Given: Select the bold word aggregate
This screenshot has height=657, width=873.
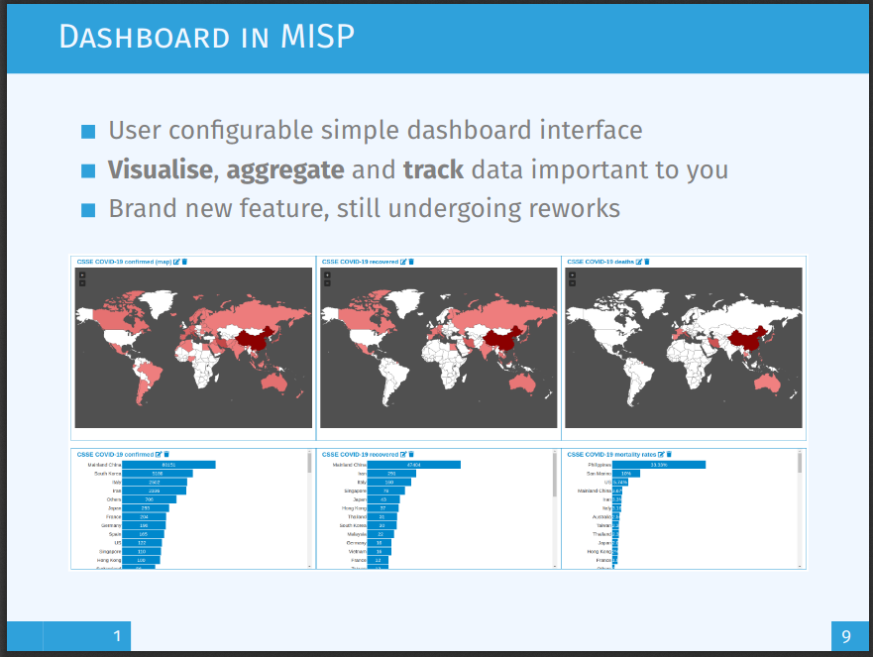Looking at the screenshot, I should click(285, 169).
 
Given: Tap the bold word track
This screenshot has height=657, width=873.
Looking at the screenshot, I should click(433, 169).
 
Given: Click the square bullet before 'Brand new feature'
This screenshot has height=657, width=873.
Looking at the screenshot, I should click(88, 210).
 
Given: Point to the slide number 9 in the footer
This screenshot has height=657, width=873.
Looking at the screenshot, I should click(845, 636).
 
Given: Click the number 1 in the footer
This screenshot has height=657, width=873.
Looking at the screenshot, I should click(117, 636).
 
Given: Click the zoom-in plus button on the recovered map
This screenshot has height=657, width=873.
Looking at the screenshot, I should click(327, 274).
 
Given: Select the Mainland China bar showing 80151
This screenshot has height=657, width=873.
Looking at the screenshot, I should click(169, 464).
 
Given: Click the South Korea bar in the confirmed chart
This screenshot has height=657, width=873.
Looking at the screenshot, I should click(158, 474).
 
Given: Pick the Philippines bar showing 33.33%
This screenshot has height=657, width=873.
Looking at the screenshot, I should click(659, 464).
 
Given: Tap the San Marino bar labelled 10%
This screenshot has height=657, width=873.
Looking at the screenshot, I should click(626, 474).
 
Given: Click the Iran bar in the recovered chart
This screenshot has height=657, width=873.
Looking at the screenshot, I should click(391, 474).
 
